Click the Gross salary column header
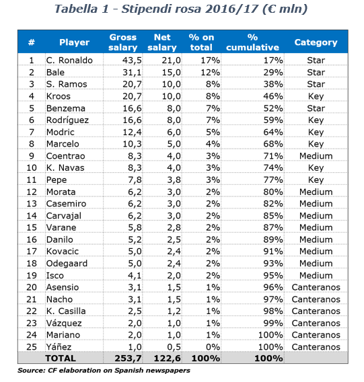(x=123, y=42)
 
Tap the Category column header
(x=316, y=42)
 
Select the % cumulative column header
(x=252, y=42)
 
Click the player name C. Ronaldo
(x=69, y=60)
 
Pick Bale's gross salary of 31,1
(x=132, y=73)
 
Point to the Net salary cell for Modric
(x=174, y=132)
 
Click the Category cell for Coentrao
(x=316, y=156)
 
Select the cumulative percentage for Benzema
(x=273, y=108)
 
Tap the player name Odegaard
(x=67, y=264)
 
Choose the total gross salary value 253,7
(x=128, y=358)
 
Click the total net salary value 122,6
(x=168, y=358)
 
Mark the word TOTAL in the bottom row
(x=61, y=358)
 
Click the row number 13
(x=32, y=204)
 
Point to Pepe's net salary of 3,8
(x=174, y=180)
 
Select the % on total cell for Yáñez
(x=213, y=347)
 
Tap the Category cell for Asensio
(x=316, y=287)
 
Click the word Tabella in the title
(x=76, y=9)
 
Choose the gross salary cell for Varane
(x=135, y=227)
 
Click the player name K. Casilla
(x=66, y=311)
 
